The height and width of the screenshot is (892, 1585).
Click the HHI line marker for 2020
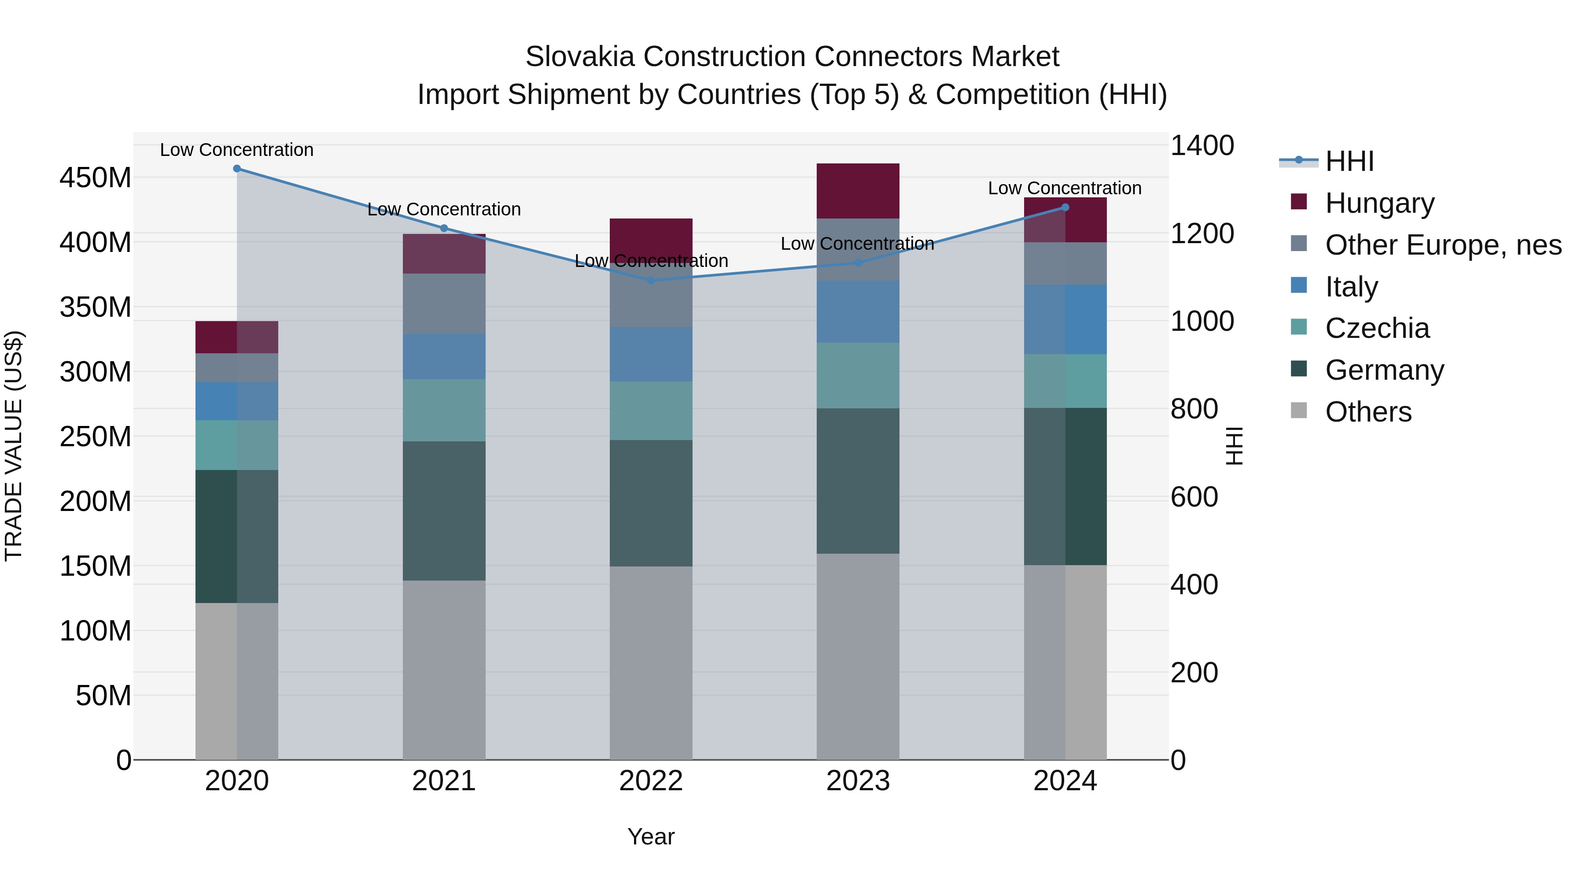(237, 169)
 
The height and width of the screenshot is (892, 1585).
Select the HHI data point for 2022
(651, 281)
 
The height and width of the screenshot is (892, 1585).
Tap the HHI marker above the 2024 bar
(1065, 207)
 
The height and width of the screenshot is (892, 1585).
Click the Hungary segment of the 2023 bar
(858, 191)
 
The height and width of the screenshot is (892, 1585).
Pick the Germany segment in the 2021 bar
(444, 511)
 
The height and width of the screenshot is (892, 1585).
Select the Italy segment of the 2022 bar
(651, 354)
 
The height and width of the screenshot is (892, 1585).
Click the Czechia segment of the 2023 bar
(858, 375)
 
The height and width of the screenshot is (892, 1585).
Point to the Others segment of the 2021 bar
(444, 670)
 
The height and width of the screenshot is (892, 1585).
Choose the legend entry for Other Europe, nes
(1443, 245)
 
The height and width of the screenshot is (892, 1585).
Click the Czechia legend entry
(1377, 328)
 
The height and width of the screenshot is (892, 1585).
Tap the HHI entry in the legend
(1349, 161)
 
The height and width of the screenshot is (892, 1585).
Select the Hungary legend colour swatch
(1298, 202)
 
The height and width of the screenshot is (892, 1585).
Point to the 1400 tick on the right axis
(1202, 146)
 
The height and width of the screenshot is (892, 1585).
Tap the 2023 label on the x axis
(858, 781)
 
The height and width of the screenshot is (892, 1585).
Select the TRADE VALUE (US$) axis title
(14, 446)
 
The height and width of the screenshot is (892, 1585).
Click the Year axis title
(651, 836)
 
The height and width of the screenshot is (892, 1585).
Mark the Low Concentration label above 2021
(444, 209)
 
